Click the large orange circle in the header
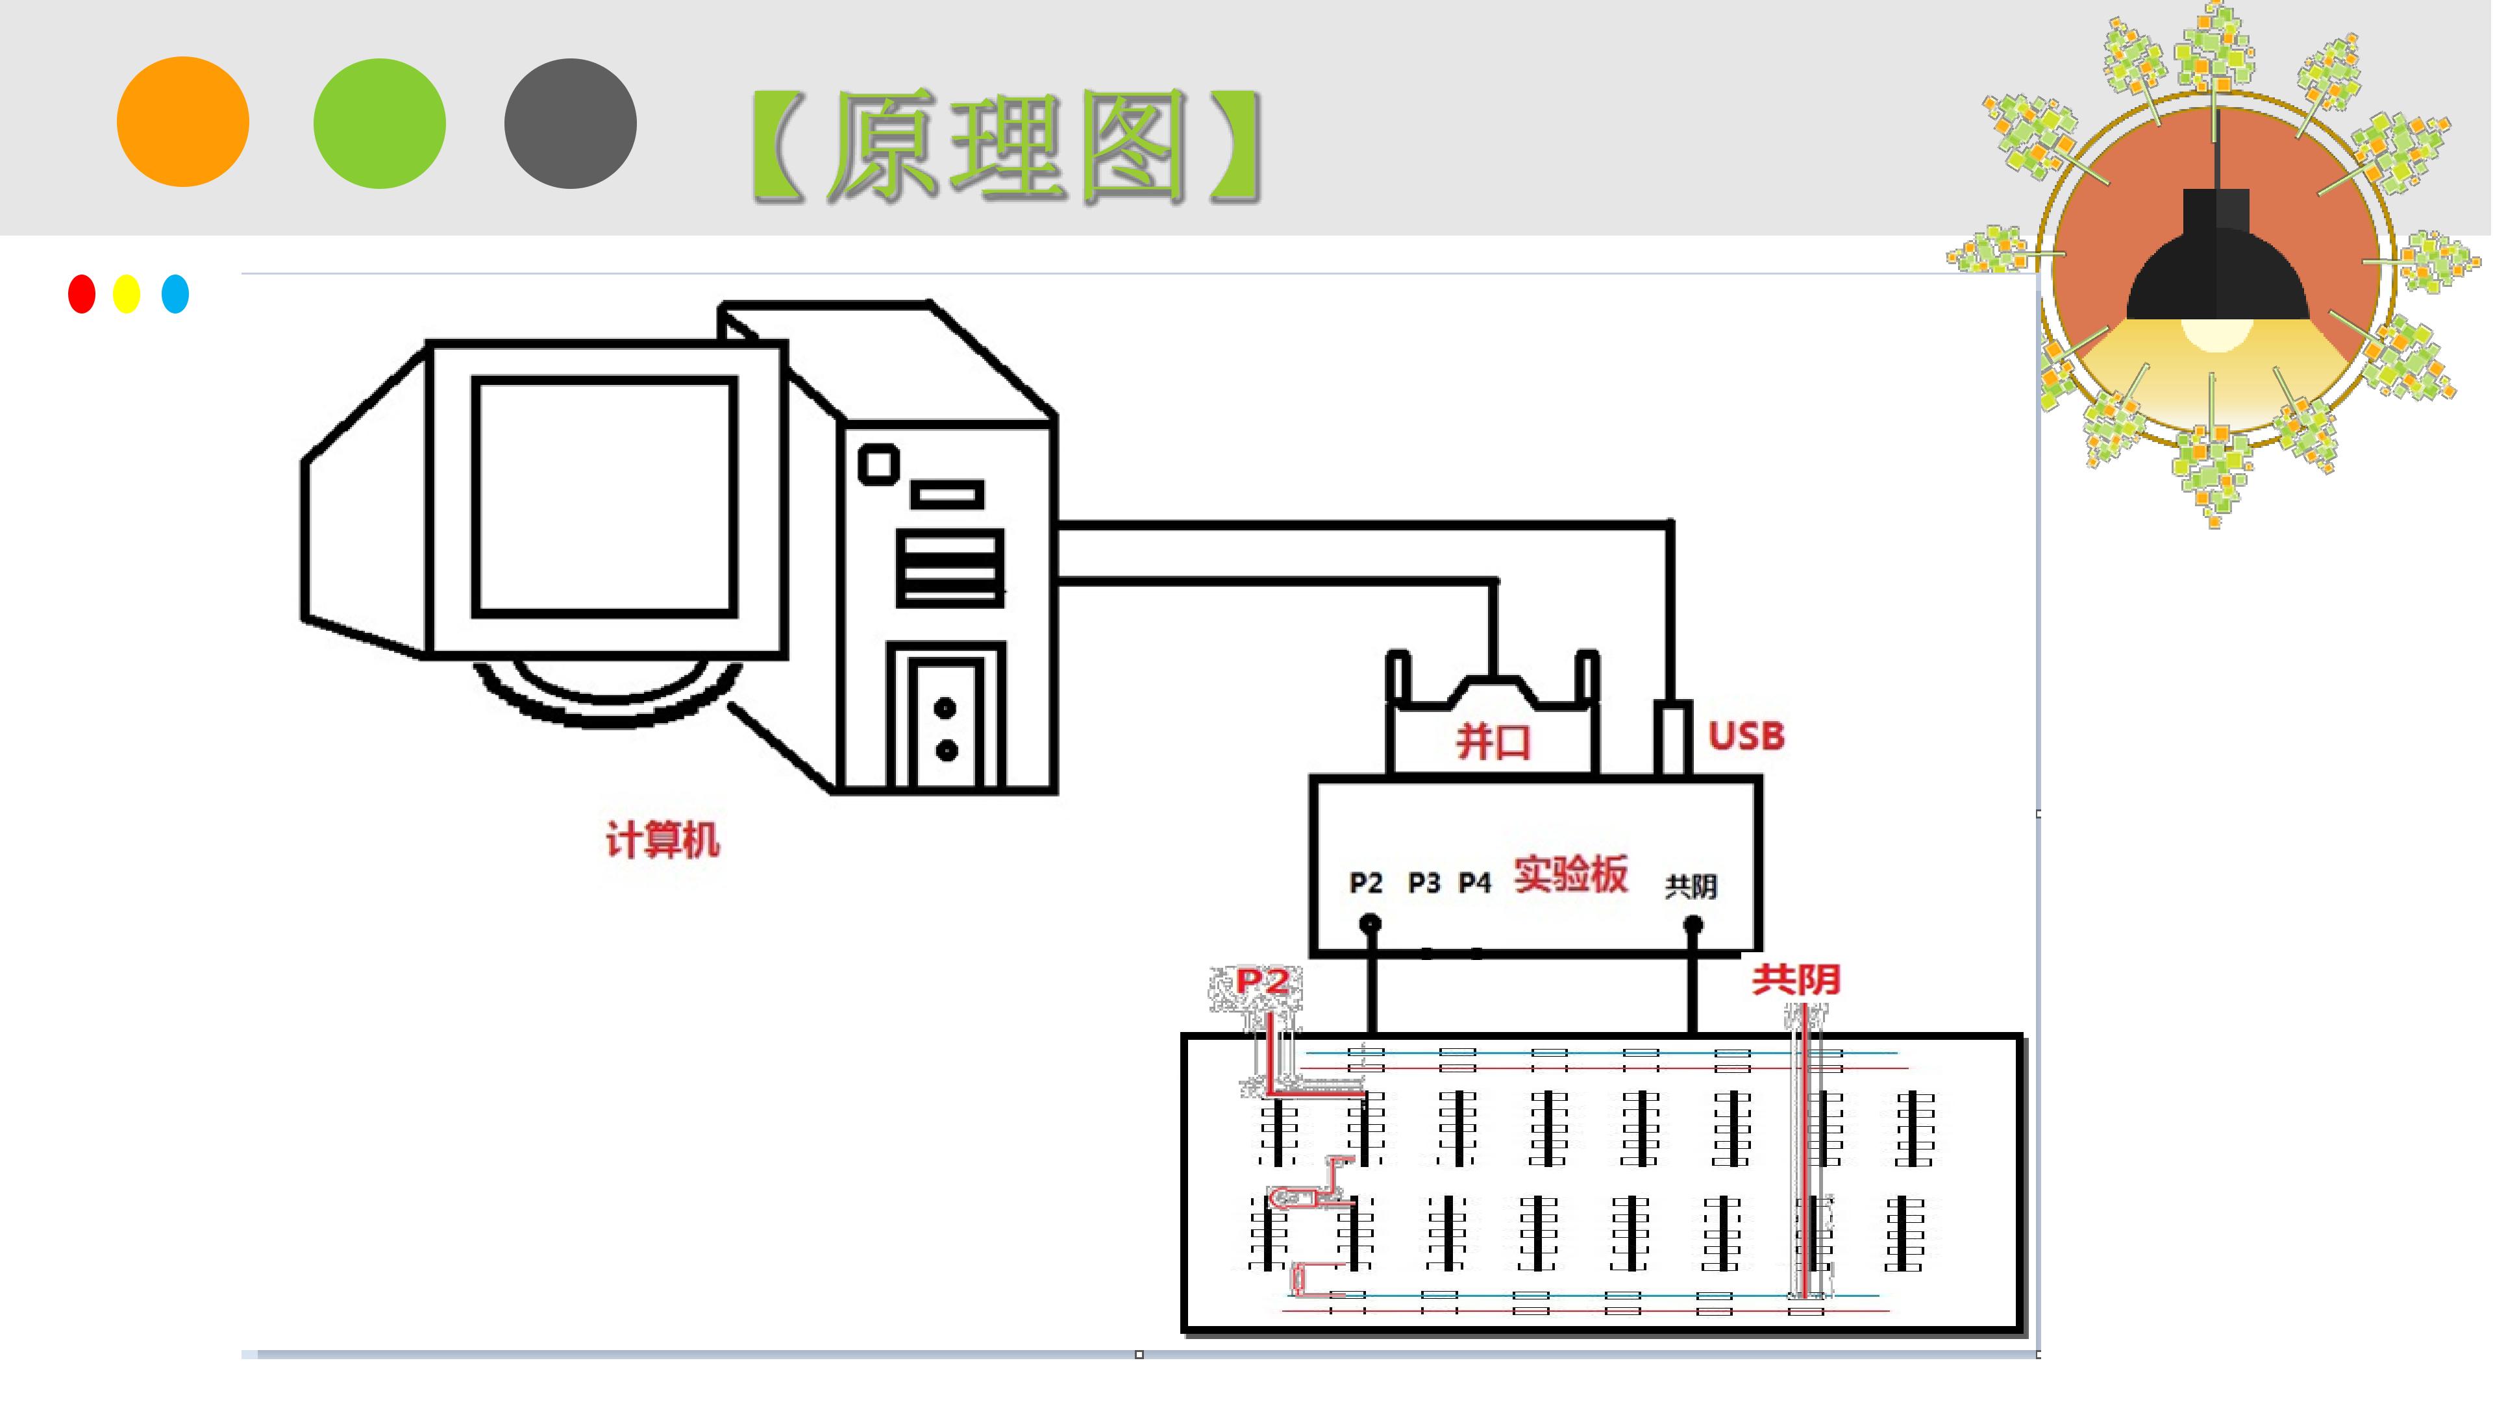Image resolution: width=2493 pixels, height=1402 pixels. click(183, 122)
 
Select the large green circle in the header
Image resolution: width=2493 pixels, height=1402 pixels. click(379, 123)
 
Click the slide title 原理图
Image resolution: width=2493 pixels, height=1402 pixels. click(1006, 146)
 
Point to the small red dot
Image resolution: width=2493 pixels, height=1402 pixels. click(82, 294)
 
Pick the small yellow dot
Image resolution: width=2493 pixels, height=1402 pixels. click(127, 294)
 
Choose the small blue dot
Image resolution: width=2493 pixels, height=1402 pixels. click(175, 294)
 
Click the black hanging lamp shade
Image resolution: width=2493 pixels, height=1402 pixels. click(2216, 261)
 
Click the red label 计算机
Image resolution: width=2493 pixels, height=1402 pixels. click(663, 839)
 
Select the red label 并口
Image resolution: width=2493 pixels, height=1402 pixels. click(1493, 742)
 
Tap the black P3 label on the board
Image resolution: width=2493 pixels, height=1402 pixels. click(1424, 883)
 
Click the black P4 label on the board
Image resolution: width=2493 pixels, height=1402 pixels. click(1475, 883)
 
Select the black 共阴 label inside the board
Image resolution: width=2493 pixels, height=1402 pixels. click(1691, 886)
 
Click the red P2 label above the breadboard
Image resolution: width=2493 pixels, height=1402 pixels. click(1262, 982)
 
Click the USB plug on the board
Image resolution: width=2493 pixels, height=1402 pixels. click(1673, 738)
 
